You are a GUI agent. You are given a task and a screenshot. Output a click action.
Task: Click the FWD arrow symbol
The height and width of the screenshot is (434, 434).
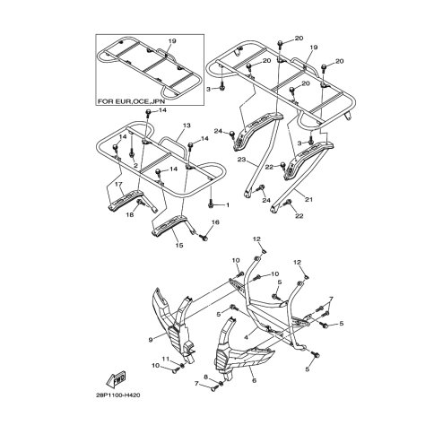click(x=116, y=378)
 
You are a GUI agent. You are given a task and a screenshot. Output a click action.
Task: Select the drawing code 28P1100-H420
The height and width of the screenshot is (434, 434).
click(x=117, y=395)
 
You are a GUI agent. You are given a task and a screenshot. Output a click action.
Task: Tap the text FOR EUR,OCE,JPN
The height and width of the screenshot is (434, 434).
click(x=132, y=101)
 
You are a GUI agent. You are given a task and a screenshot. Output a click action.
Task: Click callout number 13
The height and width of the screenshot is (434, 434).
click(x=187, y=126)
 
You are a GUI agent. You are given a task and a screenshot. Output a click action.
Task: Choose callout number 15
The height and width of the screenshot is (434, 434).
click(x=179, y=245)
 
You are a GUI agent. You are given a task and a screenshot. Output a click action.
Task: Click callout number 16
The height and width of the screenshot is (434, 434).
click(x=215, y=221)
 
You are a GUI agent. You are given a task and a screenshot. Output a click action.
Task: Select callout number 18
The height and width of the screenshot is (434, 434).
click(x=130, y=214)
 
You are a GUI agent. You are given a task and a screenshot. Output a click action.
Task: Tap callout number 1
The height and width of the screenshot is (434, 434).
click(x=228, y=205)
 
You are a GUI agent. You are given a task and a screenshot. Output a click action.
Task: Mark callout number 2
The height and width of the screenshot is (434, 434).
click(x=135, y=165)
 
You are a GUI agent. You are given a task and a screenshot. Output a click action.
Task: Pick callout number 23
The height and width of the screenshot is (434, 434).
click(x=241, y=160)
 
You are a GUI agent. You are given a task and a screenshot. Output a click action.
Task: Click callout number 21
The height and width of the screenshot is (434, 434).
click(x=308, y=199)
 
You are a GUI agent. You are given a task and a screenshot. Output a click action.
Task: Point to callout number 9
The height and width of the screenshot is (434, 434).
click(x=151, y=339)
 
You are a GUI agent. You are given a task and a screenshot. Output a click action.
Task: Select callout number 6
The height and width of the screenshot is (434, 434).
click(x=255, y=380)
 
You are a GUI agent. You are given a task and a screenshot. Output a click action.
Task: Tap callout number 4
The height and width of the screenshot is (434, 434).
click(x=246, y=337)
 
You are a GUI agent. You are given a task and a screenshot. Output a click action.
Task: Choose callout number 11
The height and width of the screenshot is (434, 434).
click(x=166, y=359)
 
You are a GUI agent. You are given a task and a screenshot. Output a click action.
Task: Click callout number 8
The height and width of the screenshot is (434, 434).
click(x=205, y=378)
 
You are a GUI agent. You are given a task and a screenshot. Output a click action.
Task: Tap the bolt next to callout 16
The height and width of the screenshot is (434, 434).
click(x=204, y=238)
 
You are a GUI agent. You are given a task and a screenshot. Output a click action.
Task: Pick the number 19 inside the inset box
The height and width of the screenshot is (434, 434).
click(x=172, y=41)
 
